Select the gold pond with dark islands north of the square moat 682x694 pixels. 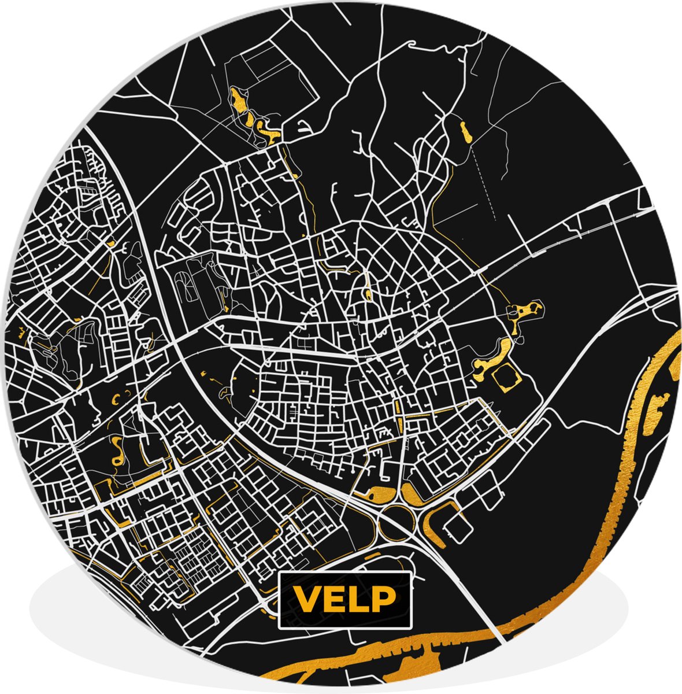coord(524,311)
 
